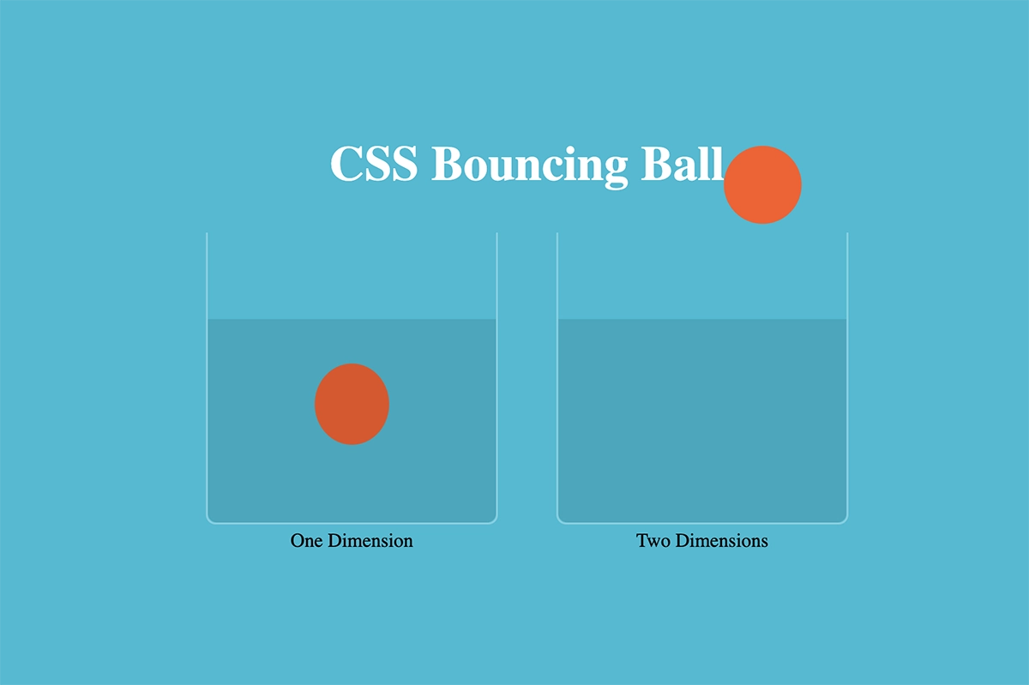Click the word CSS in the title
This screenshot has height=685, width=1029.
click(x=374, y=164)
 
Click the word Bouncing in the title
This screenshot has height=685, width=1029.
click(x=530, y=167)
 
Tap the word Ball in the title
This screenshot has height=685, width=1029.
click(x=683, y=163)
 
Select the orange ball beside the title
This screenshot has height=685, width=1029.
click(x=762, y=184)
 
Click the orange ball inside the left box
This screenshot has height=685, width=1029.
click(x=352, y=404)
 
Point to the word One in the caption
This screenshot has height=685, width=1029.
click(x=306, y=541)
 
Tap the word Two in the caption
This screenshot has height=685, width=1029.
click(x=653, y=541)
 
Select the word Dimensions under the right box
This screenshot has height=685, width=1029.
click(x=722, y=541)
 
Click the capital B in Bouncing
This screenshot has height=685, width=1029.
click(x=447, y=164)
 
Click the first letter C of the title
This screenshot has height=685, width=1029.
click(x=345, y=164)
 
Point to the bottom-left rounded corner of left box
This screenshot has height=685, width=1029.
click(x=209, y=520)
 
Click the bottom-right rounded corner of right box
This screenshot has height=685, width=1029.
click(x=845, y=520)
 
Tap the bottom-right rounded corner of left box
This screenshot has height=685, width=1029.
click(x=494, y=520)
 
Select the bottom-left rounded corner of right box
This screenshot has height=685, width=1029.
click(x=560, y=520)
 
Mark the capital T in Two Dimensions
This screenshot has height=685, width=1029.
click(x=641, y=541)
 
